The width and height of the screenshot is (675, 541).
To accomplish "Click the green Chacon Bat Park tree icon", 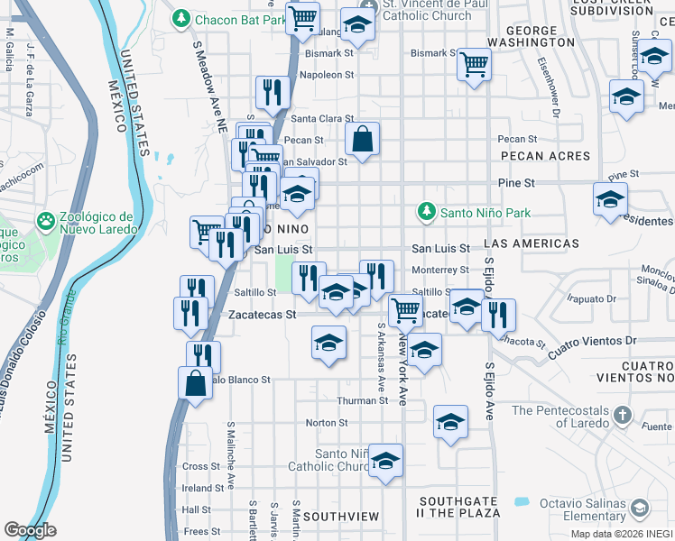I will point(181,18).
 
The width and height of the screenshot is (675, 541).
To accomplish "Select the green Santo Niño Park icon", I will point(427,213).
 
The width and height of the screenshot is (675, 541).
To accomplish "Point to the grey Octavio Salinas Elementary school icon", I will point(640,509).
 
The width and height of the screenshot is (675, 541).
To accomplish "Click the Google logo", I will point(30,530).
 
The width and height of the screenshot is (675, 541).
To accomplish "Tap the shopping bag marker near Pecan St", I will point(362,139).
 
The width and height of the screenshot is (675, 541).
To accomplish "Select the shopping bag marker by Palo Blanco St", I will point(196,382).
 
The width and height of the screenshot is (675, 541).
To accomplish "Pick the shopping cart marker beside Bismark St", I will point(473,65).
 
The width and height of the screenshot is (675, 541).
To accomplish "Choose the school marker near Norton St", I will point(450,421).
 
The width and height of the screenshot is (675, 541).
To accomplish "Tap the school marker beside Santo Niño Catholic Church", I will point(385,462).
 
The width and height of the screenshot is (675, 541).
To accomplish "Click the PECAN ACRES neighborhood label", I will point(543,156).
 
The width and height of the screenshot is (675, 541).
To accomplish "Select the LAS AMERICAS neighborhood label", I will point(532,244).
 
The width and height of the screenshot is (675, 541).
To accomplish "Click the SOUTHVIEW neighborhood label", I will point(341,517).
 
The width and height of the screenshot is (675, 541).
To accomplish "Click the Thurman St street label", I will point(361,400).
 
